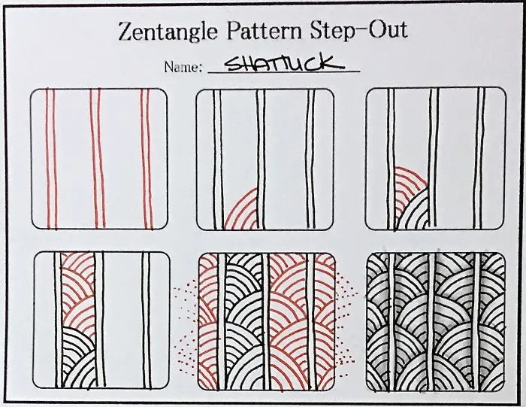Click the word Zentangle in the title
coord(168,32)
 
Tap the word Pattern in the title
coord(265,30)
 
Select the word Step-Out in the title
coord(358,29)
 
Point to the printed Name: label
coord(183,68)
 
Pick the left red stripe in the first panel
coord(51,159)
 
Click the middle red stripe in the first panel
coord(97,159)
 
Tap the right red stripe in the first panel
coord(147,159)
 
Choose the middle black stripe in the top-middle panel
coord(261,159)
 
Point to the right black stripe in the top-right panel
coord(480,159)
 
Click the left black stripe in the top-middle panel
coord(217,159)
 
